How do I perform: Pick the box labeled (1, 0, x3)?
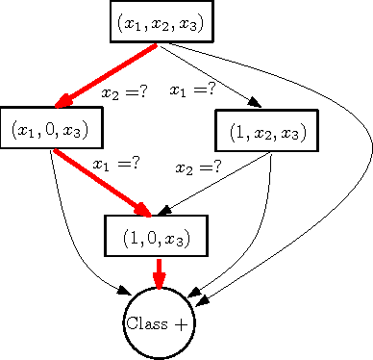click(x=156, y=235)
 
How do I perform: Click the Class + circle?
click(x=159, y=323)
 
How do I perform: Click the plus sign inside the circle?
click(x=181, y=324)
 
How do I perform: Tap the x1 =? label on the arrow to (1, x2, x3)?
click(x=191, y=91)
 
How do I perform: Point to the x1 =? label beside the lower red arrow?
click(x=116, y=164)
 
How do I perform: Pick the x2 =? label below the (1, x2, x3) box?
click(x=198, y=167)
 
